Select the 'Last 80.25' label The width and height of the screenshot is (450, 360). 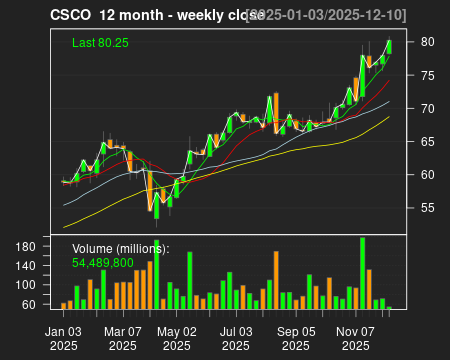100,43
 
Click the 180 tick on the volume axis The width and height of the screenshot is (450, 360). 28,246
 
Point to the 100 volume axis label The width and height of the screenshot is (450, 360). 28,285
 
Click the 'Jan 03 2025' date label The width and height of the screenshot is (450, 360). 64,336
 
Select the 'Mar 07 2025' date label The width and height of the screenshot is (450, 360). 122,336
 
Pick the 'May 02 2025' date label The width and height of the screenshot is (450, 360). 178,336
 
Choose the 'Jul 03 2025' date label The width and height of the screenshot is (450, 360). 236,336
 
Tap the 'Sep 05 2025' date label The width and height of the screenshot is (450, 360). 295,336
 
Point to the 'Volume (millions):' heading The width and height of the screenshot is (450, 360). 120,248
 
